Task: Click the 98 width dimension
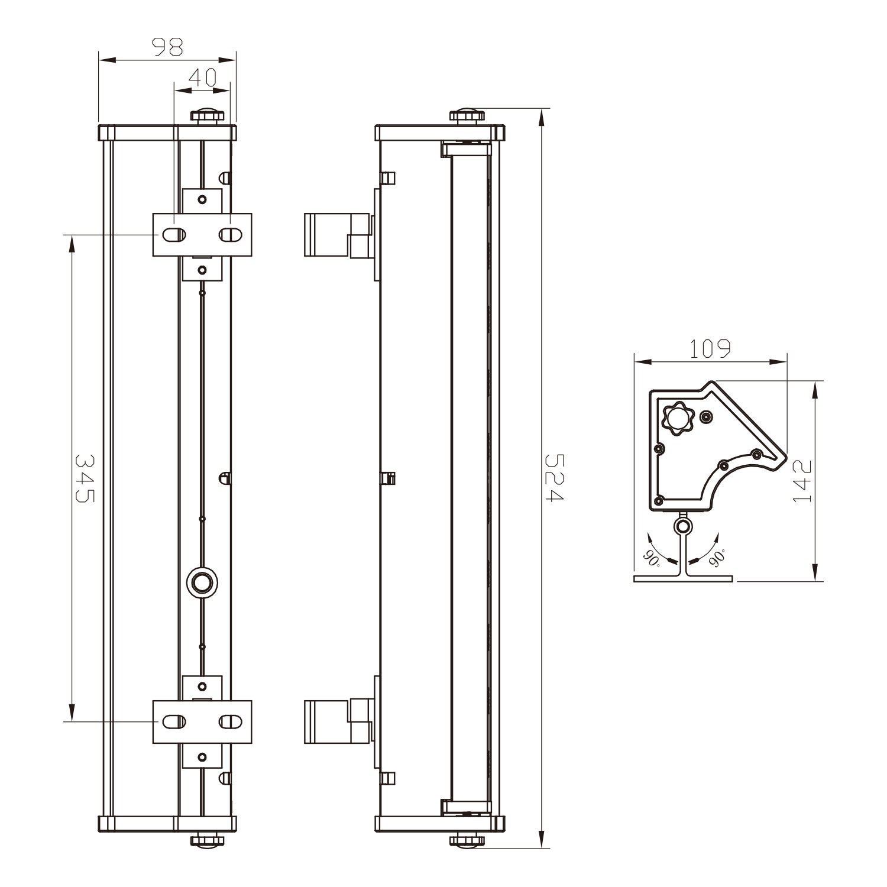pos(167,47)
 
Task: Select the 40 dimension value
pos(202,77)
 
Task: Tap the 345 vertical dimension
pos(83,478)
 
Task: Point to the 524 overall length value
pos(554,478)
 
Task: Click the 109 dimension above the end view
pos(710,349)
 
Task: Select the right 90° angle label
pos(716,557)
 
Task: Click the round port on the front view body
pos(202,582)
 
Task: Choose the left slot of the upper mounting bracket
pos(174,235)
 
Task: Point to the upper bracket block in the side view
pos(338,235)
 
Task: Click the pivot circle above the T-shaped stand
pos(684,526)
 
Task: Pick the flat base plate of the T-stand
pos(684,578)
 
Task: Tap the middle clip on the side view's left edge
pos(389,478)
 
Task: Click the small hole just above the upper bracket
pos(202,199)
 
